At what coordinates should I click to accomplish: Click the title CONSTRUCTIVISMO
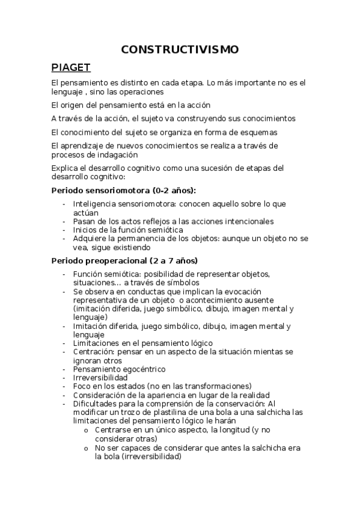pos(180,49)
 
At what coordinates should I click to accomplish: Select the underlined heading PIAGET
pos(71,67)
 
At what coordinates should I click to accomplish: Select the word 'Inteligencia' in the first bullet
pos(95,204)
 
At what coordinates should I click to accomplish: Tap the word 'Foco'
pos(83,386)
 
